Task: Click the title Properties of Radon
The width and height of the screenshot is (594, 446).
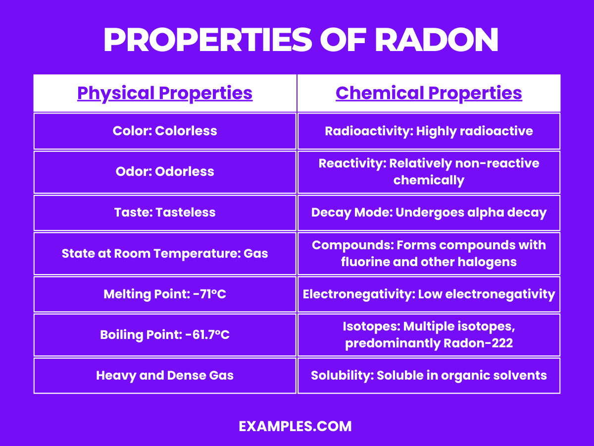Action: pyautogui.click(x=300, y=41)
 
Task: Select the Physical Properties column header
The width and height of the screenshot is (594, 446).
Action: pyautogui.click(x=165, y=93)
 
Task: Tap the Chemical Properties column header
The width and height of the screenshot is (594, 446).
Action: pyautogui.click(x=429, y=93)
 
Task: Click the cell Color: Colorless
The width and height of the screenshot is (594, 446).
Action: pyautogui.click(x=165, y=131)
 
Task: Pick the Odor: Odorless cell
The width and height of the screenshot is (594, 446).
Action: pyautogui.click(x=165, y=171)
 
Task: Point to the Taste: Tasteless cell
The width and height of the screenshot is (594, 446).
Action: pyautogui.click(x=165, y=213)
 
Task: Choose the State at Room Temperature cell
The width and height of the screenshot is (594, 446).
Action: pyautogui.click(x=165, y=254)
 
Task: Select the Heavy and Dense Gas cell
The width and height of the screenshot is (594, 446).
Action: pyautogui.click(x=165, y=375)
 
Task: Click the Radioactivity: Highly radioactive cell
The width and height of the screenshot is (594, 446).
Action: pyautogui.click(x=429, y=131)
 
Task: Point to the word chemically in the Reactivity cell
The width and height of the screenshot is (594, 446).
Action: pyautogui.click(x=429, y=180)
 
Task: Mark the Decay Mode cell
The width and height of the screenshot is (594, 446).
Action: pyautogui.click(x=429, y=213)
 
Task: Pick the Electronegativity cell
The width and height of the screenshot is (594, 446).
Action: pyautogui.click(x=429, y=294)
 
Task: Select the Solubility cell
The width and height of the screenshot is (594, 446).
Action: pyautogui.click(x=429, y=375)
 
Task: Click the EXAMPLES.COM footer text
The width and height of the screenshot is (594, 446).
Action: pyautogui.click(x=295, y=426)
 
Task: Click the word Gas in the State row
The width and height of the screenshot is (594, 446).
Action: pyautogui.click(x=256, y=254)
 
